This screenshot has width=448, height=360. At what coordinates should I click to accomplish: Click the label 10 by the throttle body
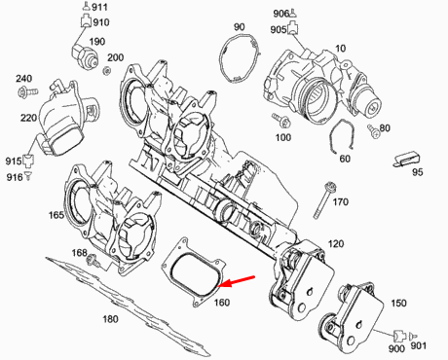pyautogui.click(x=341, y=48)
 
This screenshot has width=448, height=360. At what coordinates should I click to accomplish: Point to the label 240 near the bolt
pyautogui.click(x=23, y=78)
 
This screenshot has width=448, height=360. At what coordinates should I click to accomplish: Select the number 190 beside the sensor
pyautogui.click(x=97, y=42)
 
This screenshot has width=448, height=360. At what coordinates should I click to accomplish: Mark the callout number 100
pyautogui.click(x=283, y=138)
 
